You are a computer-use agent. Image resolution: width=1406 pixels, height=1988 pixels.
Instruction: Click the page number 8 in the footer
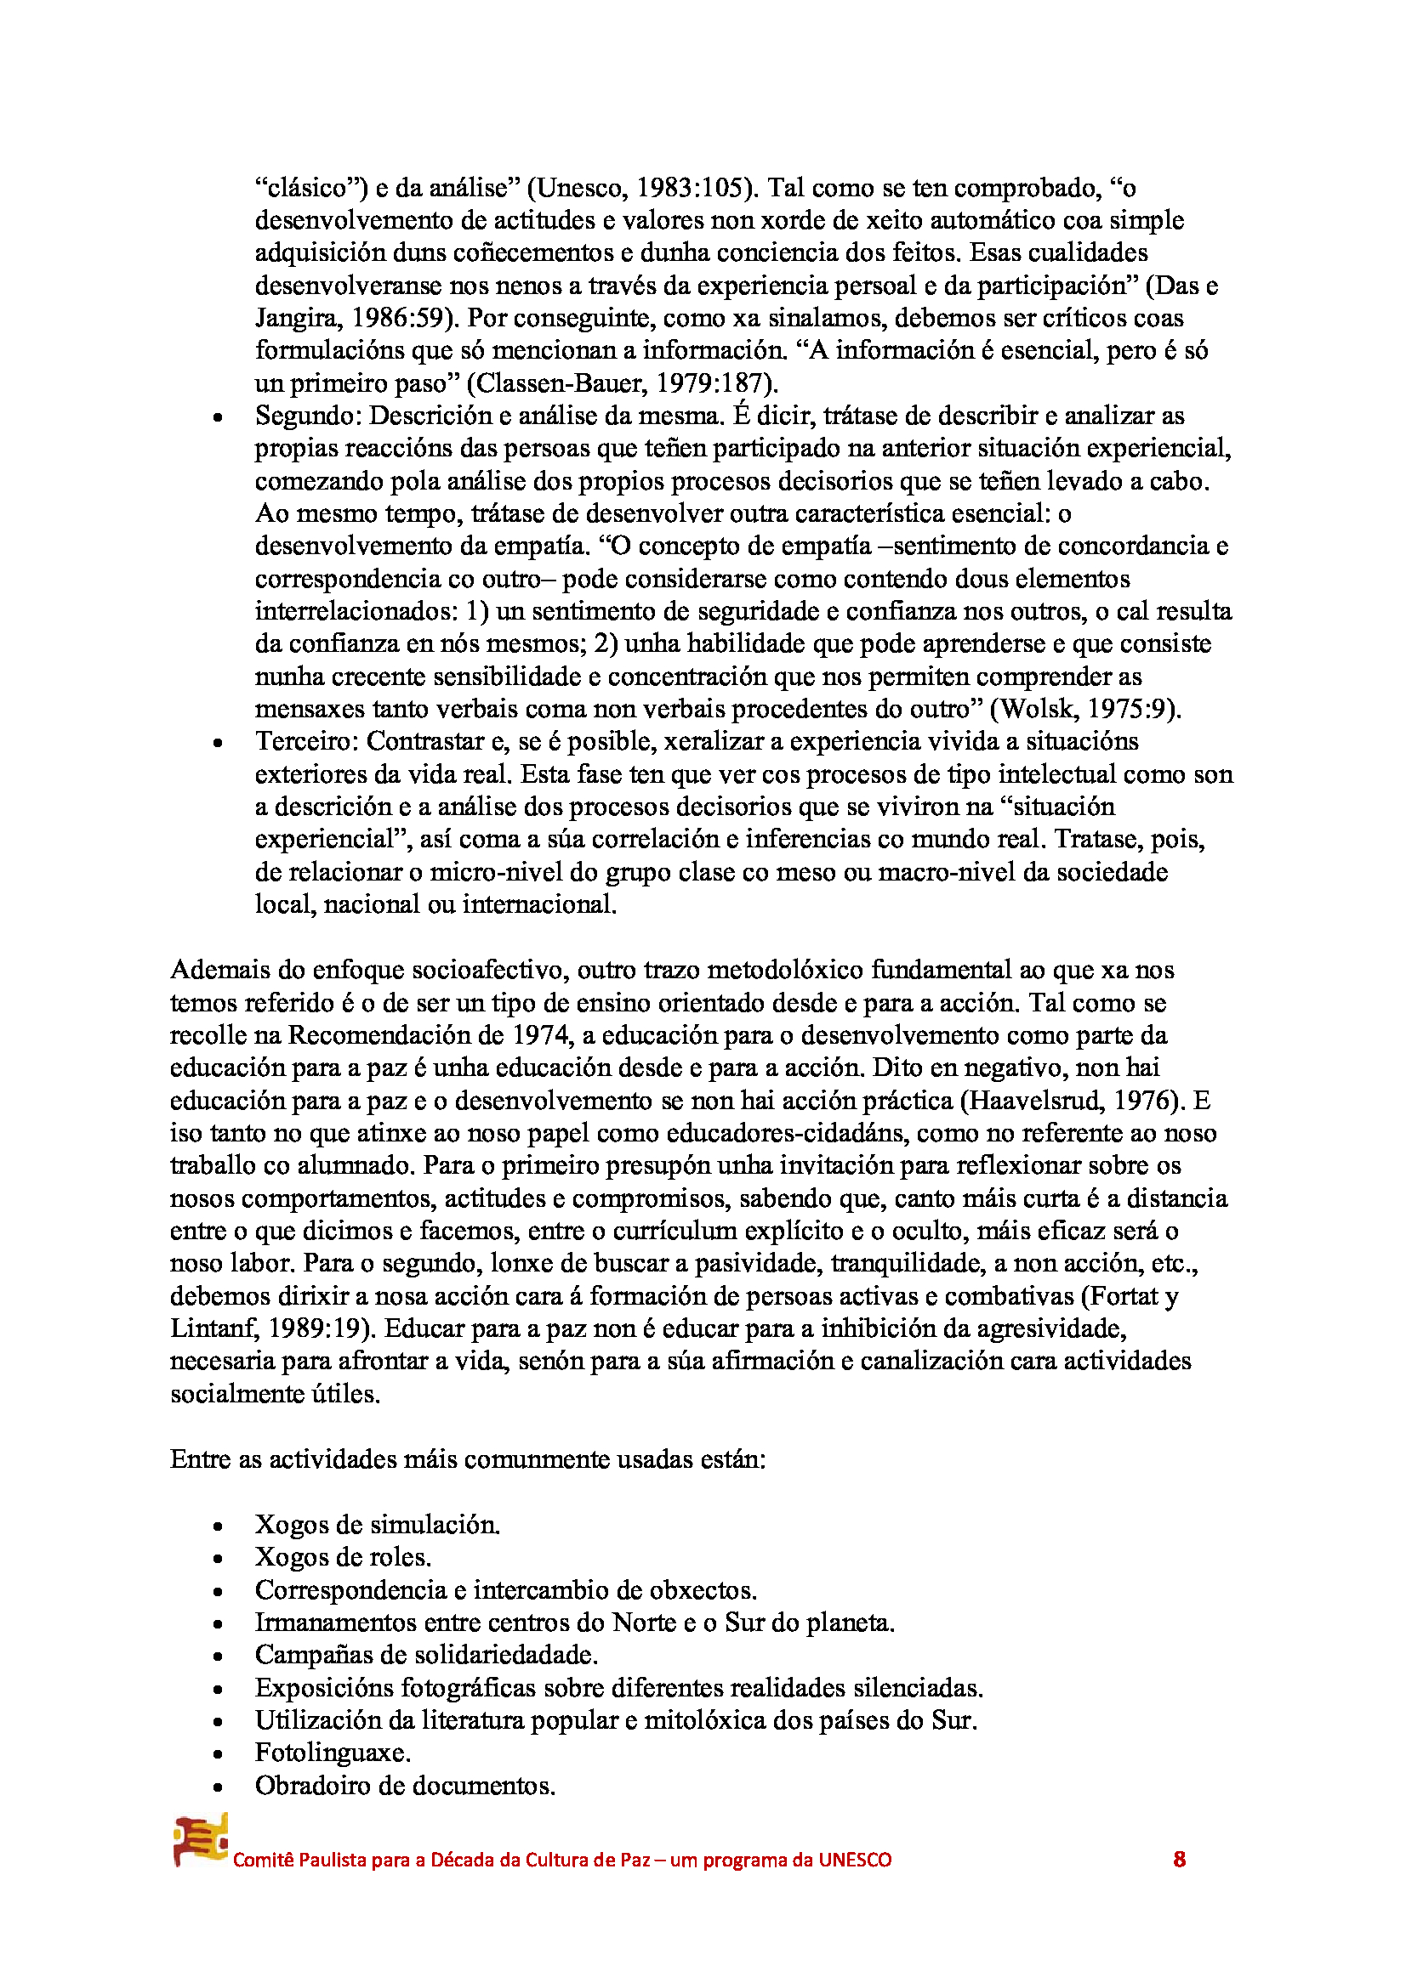1179,1859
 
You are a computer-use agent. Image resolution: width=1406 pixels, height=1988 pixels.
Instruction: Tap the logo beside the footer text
200,1840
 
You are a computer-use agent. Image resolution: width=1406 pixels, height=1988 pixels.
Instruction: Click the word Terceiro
306,741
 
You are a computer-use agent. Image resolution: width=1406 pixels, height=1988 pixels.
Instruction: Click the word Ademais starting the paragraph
223,970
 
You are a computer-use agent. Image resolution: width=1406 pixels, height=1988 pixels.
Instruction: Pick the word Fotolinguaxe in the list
332,1753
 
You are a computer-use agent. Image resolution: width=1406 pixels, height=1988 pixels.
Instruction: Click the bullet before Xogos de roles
218,1559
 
